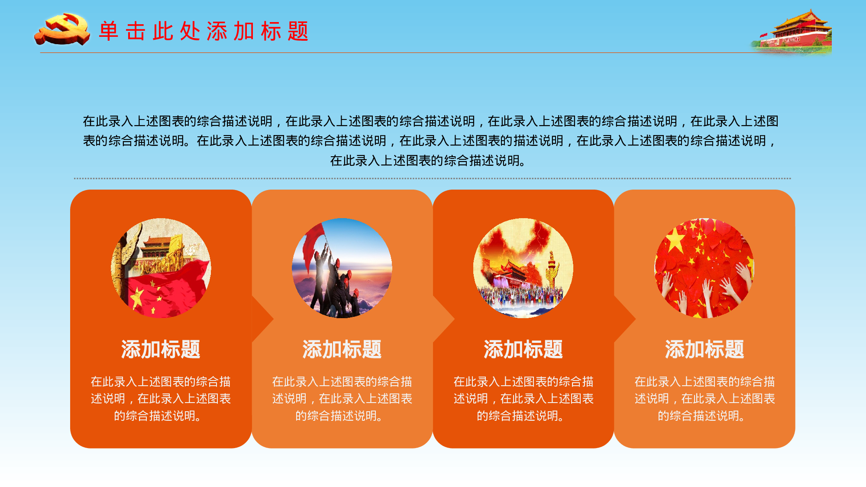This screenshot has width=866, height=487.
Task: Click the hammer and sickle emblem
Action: point(62,29)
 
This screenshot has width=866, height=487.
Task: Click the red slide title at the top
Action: point(204,31)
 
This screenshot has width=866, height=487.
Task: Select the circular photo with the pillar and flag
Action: point(161,268)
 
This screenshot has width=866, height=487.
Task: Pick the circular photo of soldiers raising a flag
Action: point(342,268)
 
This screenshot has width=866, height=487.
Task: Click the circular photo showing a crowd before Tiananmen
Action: point(523,268)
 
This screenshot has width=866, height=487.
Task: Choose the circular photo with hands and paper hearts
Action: point(704,268)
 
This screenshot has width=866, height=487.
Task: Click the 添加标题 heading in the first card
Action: point(161,349)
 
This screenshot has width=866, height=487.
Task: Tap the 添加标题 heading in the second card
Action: point(342,349)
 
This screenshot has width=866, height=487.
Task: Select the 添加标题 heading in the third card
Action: point(523,349)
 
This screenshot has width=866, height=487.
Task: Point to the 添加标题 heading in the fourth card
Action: point(704,349)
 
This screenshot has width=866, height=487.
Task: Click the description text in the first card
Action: point(161,399)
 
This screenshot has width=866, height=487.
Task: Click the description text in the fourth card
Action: point(704,399)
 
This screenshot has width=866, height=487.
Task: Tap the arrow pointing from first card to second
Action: point(262,319)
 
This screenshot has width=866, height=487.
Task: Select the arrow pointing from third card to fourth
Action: point(625,319)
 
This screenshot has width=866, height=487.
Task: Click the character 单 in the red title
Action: point(108,31)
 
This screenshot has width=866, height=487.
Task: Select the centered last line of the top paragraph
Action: point(429,161)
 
